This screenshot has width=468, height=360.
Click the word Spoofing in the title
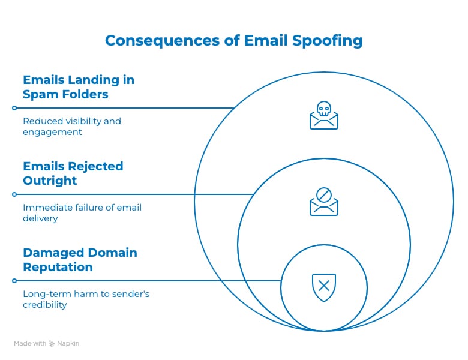327,41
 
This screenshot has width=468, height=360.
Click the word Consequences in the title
163,41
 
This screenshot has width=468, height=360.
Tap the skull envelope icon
324,115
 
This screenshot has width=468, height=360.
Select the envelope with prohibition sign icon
324,202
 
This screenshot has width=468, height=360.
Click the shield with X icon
324,287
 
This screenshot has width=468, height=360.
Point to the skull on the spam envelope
324,109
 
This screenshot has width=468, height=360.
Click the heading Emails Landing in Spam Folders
79,87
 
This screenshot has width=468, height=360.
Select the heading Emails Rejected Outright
73,173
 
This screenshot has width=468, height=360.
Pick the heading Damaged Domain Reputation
80,260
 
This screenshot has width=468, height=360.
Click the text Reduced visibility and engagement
72,127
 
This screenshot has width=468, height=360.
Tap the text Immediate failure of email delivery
82,213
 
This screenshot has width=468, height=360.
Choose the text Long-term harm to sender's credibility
86,299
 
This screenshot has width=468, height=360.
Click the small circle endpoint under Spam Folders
14,108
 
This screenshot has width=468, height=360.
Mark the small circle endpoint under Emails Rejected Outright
14,194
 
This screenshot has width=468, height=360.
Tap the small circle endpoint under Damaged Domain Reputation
14,281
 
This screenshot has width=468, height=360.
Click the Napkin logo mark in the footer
52,344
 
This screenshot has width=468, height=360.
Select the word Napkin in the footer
68,344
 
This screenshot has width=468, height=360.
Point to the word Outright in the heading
50,181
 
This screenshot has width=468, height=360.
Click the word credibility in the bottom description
45,305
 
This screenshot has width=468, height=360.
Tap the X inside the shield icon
324,286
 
